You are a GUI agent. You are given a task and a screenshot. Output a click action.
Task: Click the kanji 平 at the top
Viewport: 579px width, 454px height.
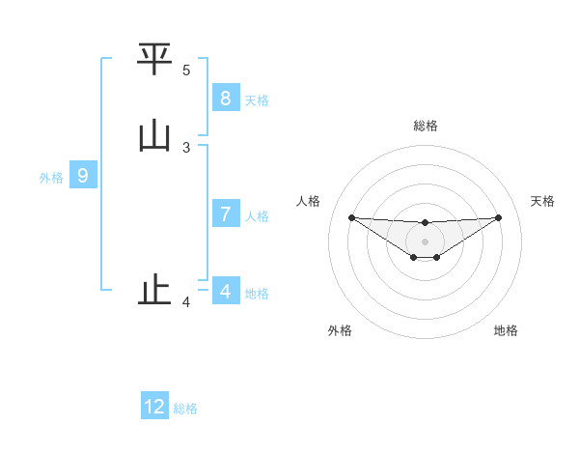tap(154, 61)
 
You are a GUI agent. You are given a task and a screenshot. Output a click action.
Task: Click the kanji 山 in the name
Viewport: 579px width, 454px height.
tap(154, 137)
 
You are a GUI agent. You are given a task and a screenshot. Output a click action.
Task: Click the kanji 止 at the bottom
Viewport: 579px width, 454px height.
tap(154, 290)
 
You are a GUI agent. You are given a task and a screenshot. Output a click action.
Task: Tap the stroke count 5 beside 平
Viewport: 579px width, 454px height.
tap(186, 71)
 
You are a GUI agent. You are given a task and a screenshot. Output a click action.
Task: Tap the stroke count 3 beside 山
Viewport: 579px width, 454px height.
tap(186, 148)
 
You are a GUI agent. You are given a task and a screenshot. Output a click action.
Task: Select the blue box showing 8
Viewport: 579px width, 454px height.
tap(225, 98)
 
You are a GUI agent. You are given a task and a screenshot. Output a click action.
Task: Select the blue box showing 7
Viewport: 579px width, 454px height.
tap(225, 213)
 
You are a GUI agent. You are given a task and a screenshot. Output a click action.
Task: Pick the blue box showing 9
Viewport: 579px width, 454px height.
tap(83, 176)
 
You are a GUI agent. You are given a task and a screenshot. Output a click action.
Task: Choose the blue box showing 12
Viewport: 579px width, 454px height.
tap(154, 407)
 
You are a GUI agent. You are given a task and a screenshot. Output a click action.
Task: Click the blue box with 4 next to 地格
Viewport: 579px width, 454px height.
tap(225, 291)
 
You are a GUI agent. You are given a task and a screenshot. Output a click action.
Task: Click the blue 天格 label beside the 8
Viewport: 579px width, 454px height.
tap(257, 99)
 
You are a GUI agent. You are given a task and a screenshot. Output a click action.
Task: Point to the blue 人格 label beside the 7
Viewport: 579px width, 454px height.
tap(257, 215)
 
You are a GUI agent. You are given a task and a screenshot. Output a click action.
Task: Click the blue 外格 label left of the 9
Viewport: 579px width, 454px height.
tap(51, 178)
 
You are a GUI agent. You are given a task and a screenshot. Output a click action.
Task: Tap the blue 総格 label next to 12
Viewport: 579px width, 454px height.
tap(185, 409)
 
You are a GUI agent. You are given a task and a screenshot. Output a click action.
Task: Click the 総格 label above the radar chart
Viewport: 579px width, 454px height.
tap(425, 126)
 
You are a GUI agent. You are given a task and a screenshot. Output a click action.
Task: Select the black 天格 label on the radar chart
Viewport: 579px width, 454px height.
tap(543, 201)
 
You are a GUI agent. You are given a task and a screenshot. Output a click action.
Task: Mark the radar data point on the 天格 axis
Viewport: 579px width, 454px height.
tap(498, 217)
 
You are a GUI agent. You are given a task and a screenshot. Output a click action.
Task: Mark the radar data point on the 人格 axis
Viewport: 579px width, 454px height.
tap(351, 217)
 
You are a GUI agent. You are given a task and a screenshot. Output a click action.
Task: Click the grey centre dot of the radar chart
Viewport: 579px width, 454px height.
tap(425, 241)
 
